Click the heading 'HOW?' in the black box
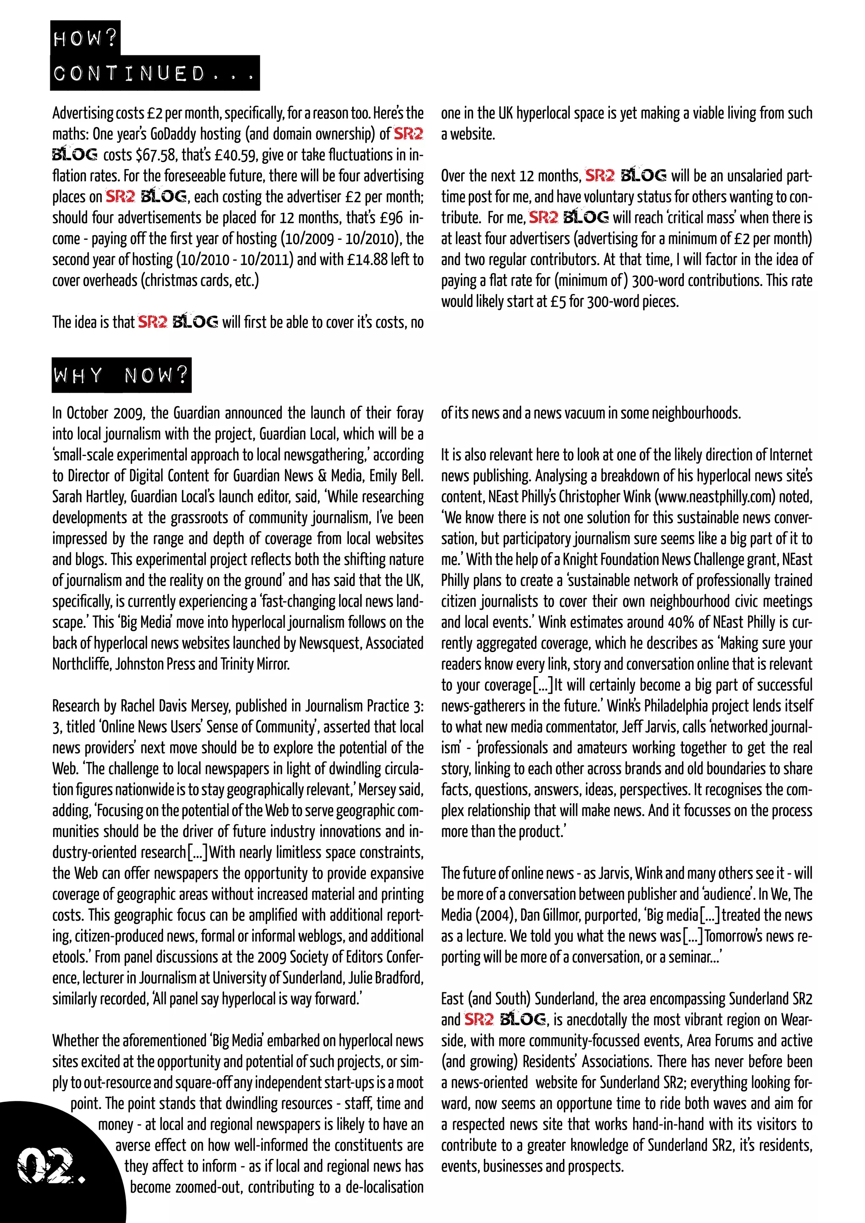coord(85,38)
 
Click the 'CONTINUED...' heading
coord(155,73)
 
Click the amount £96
coord(392,218)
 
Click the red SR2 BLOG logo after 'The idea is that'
coord(178,322)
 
